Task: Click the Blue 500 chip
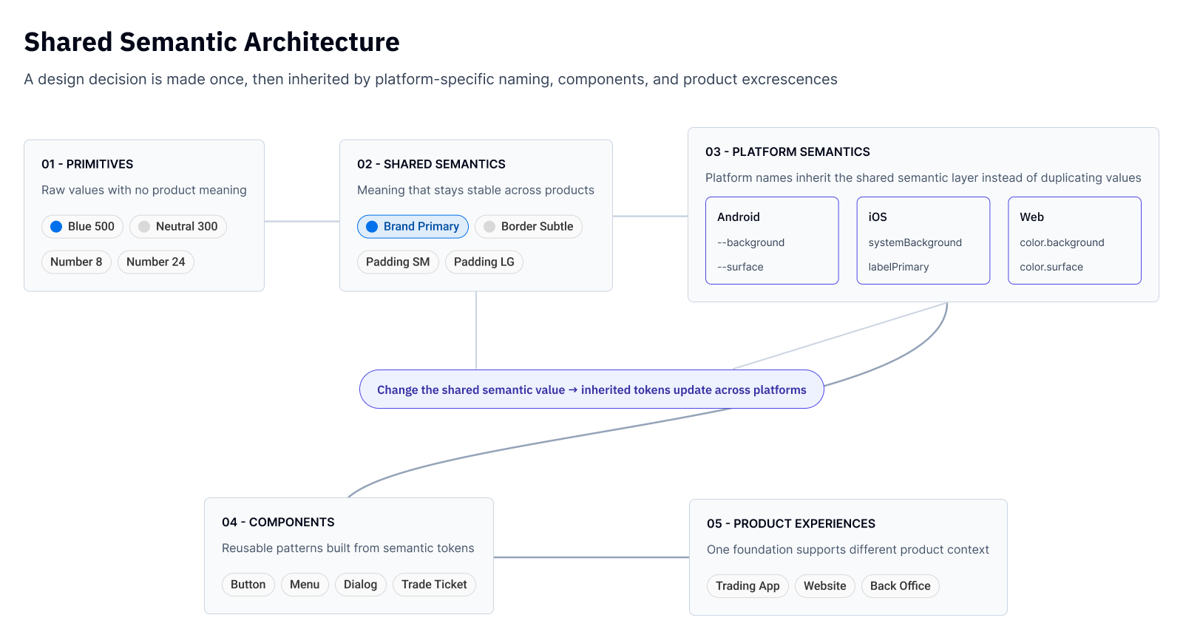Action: coord(82,227)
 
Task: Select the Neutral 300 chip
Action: coord(178,227)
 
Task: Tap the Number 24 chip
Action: coord(156,262)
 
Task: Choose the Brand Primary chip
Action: coord(413,227)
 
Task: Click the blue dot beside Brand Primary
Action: coord(372,227)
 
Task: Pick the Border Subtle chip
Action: coord(529,227)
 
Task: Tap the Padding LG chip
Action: coord(484,262)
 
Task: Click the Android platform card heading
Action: coord(739,217)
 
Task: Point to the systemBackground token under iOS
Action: coord(915,242)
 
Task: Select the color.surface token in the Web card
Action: coord(1051,267)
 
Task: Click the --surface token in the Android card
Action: coord(740,267)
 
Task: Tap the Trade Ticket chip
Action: coord(434,585)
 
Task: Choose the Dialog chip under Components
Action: coord(361,585)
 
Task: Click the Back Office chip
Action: coord(901,586)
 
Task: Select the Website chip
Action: coord(825,586)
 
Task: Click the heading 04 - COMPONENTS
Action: coord(278,522)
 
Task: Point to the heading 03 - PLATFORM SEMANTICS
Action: coord(788,152)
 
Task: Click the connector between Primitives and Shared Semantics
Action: coord(302,221)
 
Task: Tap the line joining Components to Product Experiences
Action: coord(591,557)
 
